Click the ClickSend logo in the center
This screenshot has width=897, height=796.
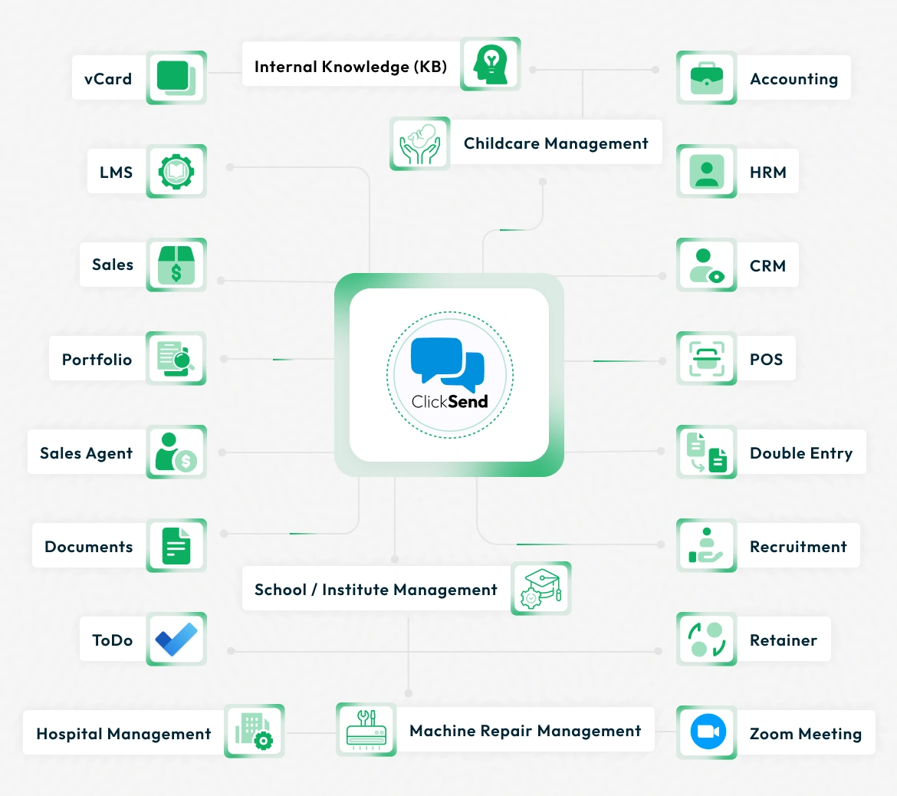449,374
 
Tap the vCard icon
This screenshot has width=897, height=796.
176,77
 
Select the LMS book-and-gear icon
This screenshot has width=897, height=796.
176,171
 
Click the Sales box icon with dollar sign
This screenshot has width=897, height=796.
176,265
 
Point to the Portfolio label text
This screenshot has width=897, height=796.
97,360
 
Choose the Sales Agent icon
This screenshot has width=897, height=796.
176,452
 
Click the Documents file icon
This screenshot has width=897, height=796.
176,545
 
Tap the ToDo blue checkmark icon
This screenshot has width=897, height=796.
176,639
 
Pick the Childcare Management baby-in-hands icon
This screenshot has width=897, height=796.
419,143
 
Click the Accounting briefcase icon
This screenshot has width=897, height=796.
706,77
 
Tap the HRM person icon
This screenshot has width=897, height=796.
706,171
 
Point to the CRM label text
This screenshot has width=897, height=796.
767,266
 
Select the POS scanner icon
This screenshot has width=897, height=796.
706,358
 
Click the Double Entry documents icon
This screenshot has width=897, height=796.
706,452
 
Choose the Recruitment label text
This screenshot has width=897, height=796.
798,547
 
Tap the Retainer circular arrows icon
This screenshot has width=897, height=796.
706,639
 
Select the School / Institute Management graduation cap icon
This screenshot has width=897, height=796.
540,588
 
